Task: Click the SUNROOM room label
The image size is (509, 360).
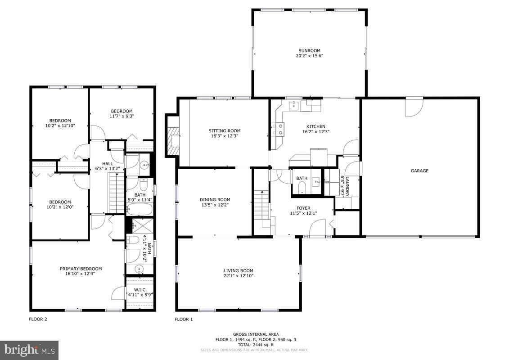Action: (309, 50)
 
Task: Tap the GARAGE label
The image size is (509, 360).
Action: (419, 171)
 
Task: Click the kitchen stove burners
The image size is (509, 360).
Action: (278, 130)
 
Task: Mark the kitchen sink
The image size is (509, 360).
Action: (293, 105)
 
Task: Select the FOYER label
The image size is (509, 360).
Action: (303, 208)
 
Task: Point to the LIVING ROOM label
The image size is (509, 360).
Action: (239, 270)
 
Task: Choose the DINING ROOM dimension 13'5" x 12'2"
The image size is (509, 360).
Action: (215, 205)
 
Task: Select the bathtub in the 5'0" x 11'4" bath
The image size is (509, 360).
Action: (140, 209)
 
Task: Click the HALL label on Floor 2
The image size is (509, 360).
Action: (107, 163)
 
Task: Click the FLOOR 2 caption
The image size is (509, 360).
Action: (38, 319)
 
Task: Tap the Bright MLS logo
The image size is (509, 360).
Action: (30, 349)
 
